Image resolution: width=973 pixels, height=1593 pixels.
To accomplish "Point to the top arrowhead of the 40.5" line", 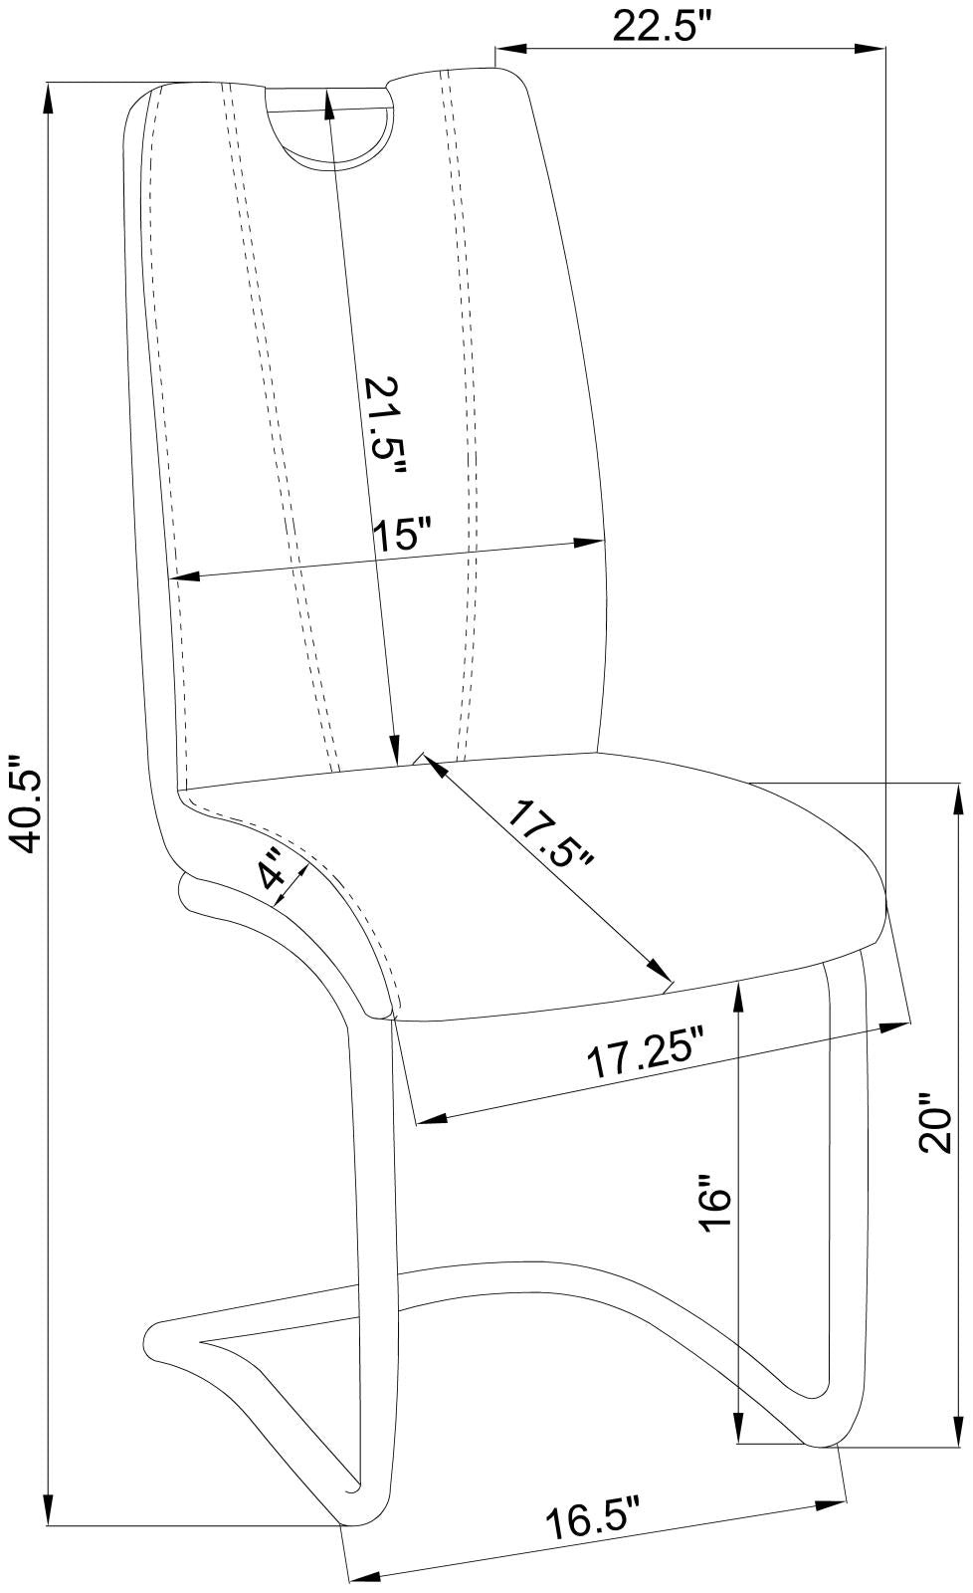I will pyautogui.click(x=48, y=92).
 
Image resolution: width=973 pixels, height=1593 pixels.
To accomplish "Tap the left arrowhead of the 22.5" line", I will pyautogui.click(x=504, y=47).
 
